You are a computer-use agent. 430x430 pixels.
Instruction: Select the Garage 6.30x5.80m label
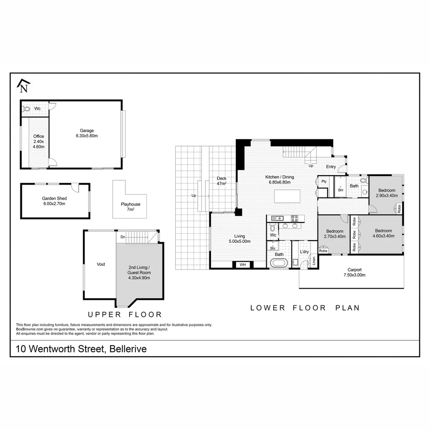tap(87, 133)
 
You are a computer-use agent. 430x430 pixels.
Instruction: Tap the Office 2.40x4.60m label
tap(39, 141)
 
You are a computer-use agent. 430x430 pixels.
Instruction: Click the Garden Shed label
tap(54, 201)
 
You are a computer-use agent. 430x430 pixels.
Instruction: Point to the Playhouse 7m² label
tap(131, 207)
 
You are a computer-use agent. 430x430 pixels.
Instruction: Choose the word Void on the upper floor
tap(101, 264)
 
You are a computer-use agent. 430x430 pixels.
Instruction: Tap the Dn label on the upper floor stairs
tap(123, 237)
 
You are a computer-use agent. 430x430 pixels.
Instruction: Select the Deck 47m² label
tap(221, 181)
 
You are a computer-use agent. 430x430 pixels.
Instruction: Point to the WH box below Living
tap(242, 264)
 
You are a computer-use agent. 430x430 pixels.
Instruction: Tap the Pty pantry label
tap(324, 182)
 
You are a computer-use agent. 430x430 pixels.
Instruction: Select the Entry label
tap(331, 167)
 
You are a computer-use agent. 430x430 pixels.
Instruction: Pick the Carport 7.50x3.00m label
tap(354, 272)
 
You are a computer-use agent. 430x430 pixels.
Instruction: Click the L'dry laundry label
tap(304, 252)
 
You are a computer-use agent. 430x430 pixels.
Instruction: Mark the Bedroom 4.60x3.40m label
tap(383, 233)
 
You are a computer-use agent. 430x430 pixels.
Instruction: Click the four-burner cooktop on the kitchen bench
tap(295, 218)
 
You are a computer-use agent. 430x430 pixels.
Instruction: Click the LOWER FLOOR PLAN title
tap(305, 308)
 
